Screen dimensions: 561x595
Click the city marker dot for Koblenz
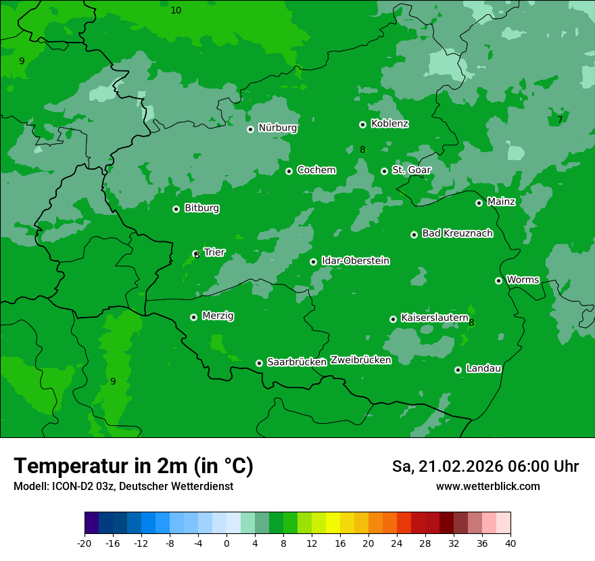(x=362, y=124)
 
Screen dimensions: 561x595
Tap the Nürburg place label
(x=277, y=128)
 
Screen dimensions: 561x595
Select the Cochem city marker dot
(x=289, y=171)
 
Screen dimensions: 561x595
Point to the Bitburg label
(x=201, y=208)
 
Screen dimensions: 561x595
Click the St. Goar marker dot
(x=384, y=171)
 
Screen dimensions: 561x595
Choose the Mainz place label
(x=501, y=201)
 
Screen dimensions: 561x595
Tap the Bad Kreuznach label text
(x=457, y=233)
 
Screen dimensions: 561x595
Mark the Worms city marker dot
(x=498, y=280)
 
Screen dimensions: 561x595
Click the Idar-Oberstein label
(x=355, y=260)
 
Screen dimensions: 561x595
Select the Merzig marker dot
(x=193, y=317)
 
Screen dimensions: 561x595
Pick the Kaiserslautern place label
(x=434, y=318)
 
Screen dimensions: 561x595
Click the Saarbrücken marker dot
(x=259, y=363)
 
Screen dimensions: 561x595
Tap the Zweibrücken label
(x=360, y=360)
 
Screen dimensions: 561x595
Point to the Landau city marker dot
(x=458, y=370)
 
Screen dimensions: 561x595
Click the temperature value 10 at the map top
(x=176, y=10)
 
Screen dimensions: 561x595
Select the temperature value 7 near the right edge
(x=560, y=120)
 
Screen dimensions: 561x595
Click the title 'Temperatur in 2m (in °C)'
(x=133, y=466)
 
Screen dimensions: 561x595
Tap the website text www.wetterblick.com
(x=487, y=487)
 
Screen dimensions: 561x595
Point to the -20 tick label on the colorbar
(x=85, y=543)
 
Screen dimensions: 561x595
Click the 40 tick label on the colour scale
(x=510, y=543)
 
